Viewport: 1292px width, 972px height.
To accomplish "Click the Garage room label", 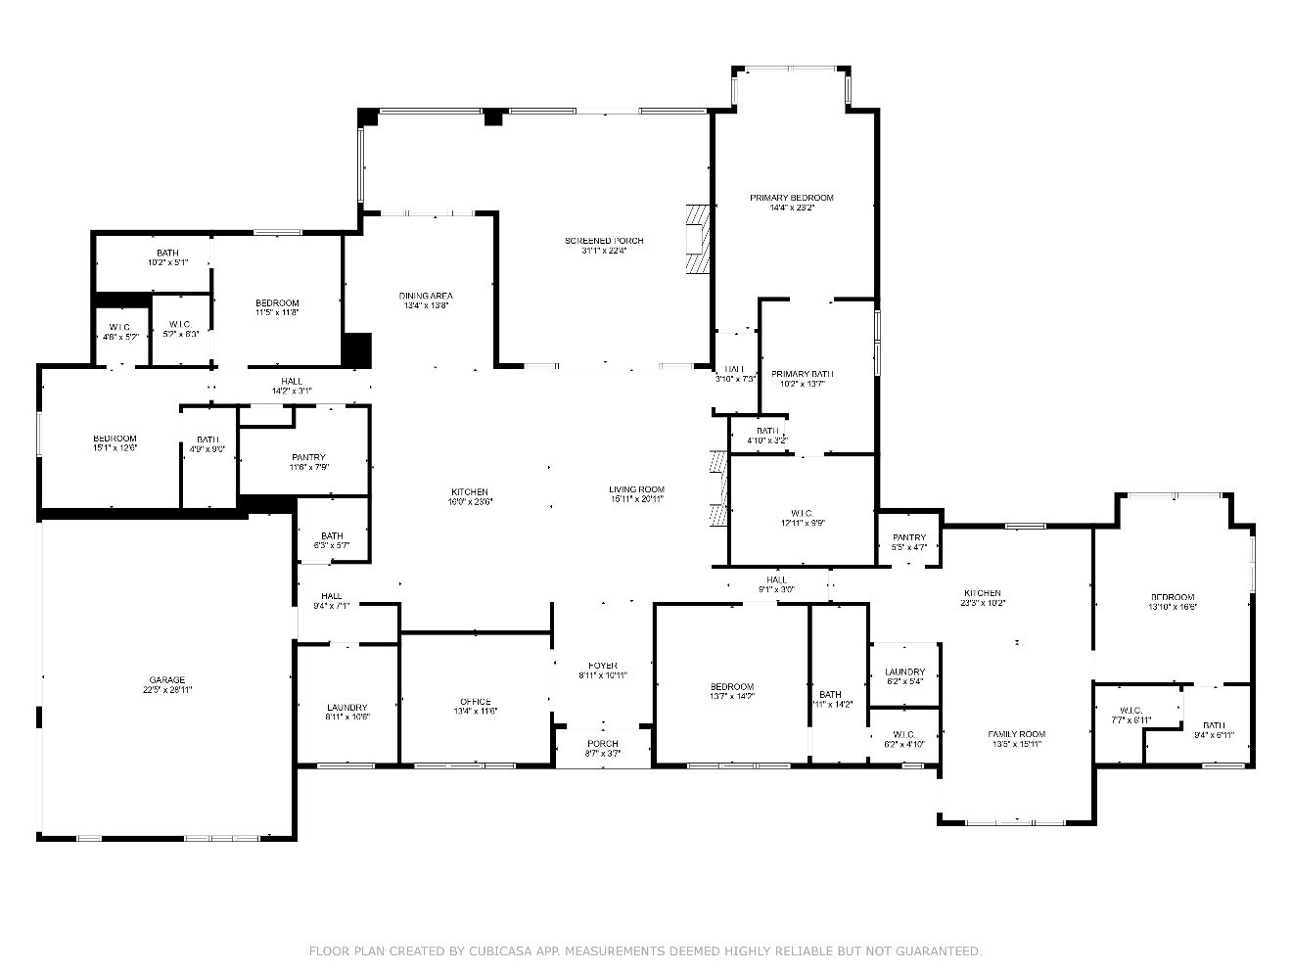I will click(x=166, y=680).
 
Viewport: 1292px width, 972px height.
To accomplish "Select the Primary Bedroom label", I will click(x=791, y=198).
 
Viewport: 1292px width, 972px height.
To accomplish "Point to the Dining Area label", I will click(x=426, y=296).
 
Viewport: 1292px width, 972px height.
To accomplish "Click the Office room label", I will click(x=475, y=702).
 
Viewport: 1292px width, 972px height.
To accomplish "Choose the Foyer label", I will click(x=602, y=665).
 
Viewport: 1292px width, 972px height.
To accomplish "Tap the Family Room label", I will click(x=1017, y=734).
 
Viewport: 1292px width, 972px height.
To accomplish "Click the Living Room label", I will click(x=636, y=489).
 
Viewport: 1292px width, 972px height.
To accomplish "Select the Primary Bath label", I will click(x=802, y=374).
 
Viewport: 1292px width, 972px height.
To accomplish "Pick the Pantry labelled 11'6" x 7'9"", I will click(x=308, y=457).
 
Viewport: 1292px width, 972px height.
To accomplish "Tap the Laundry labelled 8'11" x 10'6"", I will click(x=346, y=708).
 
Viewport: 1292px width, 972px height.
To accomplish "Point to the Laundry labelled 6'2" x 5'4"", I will click(x=903, y=672).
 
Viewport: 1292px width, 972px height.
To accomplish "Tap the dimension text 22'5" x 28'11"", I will click(x=166, y=691).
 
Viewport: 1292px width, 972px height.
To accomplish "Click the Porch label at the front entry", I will click(x=602, y=744).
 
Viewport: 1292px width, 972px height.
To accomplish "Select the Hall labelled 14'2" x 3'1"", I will click(x=292, y=381).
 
